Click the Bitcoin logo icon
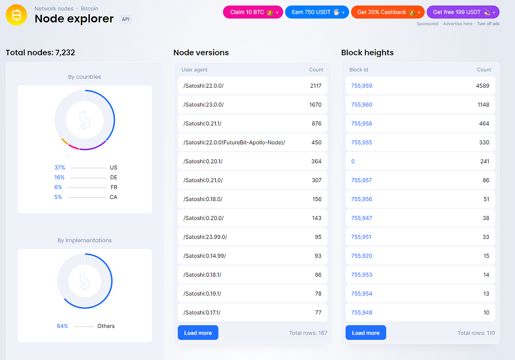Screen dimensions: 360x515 17,15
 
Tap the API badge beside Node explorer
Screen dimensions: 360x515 125,19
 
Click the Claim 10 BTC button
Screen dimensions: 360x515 253,12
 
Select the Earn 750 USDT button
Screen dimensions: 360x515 317,12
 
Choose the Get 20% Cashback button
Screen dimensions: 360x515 388,12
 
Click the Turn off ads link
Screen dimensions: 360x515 488,24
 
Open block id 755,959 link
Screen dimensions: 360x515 361,86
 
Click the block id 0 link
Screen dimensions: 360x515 353,161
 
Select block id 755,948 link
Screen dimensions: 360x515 361,312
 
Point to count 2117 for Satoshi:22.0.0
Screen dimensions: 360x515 315,86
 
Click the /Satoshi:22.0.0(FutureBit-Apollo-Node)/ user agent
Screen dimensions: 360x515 234,142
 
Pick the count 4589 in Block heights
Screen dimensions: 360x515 482,86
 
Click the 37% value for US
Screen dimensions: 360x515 59,167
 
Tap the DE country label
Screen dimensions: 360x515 113,177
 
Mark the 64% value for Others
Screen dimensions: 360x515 62,326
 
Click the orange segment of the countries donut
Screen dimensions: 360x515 65,141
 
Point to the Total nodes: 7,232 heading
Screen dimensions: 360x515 40,53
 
